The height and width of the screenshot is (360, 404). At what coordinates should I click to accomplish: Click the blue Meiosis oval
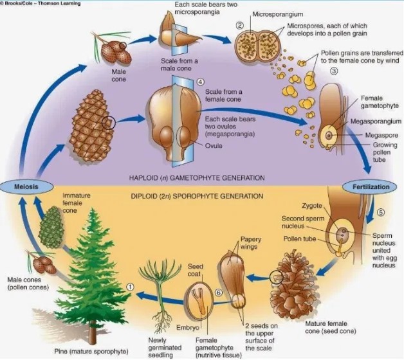point(23,186)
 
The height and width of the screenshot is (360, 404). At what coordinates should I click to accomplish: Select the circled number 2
point(239,26)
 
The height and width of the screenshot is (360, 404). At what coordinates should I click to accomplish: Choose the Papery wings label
point(250,243)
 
